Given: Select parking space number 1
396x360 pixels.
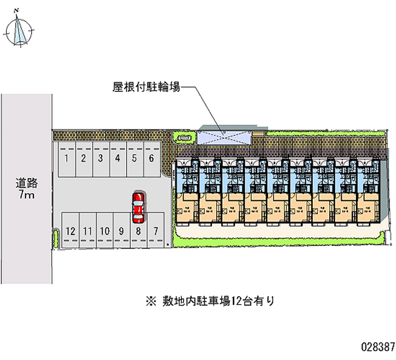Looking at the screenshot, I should [66, 159].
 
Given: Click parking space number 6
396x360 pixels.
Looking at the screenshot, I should [151, 159].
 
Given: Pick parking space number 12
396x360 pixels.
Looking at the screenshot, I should [70, 231].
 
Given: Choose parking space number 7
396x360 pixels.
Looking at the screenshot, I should [155, 231].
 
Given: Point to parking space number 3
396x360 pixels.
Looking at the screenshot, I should [100, 159].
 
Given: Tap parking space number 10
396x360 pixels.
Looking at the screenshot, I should [104, 231].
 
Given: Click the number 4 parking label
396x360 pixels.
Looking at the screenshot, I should [117, 158].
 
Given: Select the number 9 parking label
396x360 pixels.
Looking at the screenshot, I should [121, 231].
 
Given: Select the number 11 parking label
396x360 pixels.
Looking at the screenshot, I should [87, 231].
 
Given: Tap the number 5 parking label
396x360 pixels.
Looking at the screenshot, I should [134, 158].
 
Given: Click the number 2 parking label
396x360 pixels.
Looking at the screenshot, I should [84, 158].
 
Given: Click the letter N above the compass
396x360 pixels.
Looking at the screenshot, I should [17, 10].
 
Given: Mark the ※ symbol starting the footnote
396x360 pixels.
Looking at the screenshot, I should [149, 301].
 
